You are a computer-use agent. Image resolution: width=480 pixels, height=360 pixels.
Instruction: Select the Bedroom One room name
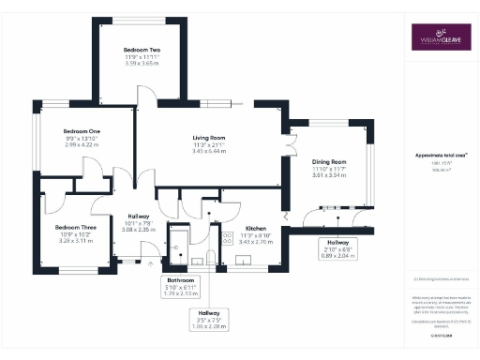pyautogui.click(x=81, y=131)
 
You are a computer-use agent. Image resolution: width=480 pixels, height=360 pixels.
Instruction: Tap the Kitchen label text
pyautogui.click(x=257, y=228)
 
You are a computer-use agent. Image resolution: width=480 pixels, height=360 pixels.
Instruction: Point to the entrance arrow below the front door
pyautogui.click(x=154, y=265)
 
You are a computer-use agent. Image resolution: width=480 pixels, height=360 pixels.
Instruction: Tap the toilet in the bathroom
pyautogui.click(x=211, y=257)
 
